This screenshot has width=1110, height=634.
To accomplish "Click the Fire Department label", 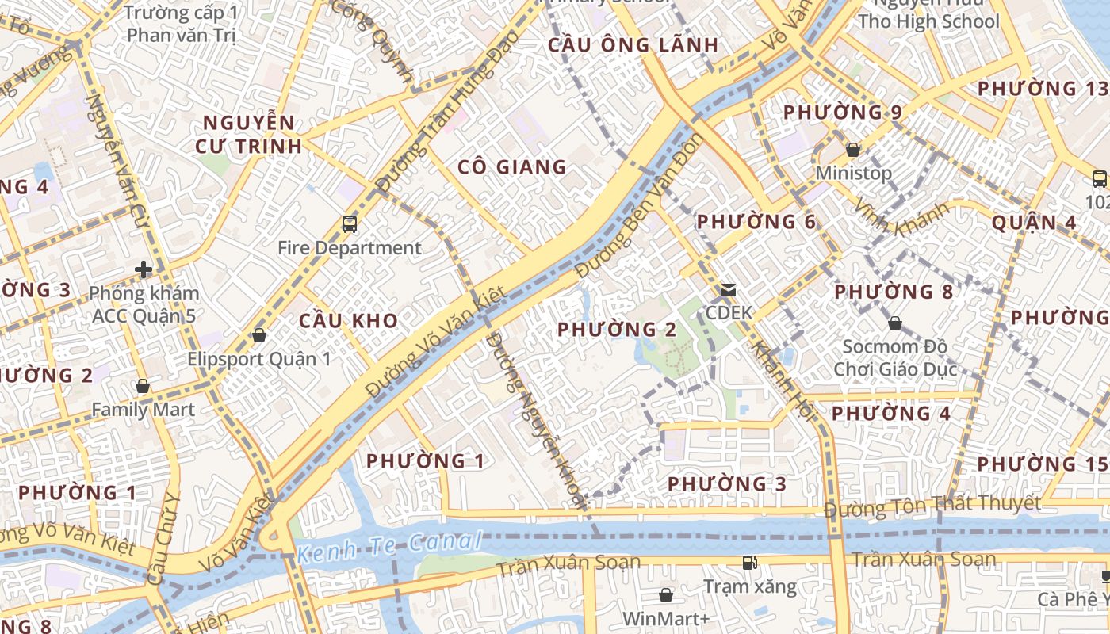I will click(x=349, y=248).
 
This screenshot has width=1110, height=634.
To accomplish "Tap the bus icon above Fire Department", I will click(x=350, y=224).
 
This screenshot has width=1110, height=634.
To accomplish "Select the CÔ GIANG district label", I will click(x=512, y=167).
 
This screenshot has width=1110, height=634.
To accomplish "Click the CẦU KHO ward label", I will click(x=348, y=321).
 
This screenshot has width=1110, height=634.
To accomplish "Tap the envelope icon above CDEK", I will click(x=728, y=290).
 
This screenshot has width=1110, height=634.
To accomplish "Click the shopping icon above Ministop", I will click(x=853, y=150).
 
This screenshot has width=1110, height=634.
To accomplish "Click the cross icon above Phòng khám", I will click(x=144, y=270).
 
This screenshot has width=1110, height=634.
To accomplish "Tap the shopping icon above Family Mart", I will click(x=143, y=387).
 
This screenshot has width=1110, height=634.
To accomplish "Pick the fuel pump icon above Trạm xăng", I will click(x=748, y=563).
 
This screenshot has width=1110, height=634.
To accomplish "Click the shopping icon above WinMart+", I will click(x=665, y=595).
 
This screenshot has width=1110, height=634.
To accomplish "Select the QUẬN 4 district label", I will click(x=1034, y=223).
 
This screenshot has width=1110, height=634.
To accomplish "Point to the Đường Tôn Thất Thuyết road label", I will click(x=932, y=505).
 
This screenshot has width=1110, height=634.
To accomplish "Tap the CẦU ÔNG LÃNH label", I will click(x=633, y=45).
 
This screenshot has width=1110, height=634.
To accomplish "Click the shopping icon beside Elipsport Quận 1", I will click(x=258, y=336).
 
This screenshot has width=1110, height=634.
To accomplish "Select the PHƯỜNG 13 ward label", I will click(x=1038, y=89).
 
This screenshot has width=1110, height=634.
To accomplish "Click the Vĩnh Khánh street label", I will click(x=900, y=219).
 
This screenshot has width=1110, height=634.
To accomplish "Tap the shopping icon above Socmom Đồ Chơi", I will click(x=894, y=323).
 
